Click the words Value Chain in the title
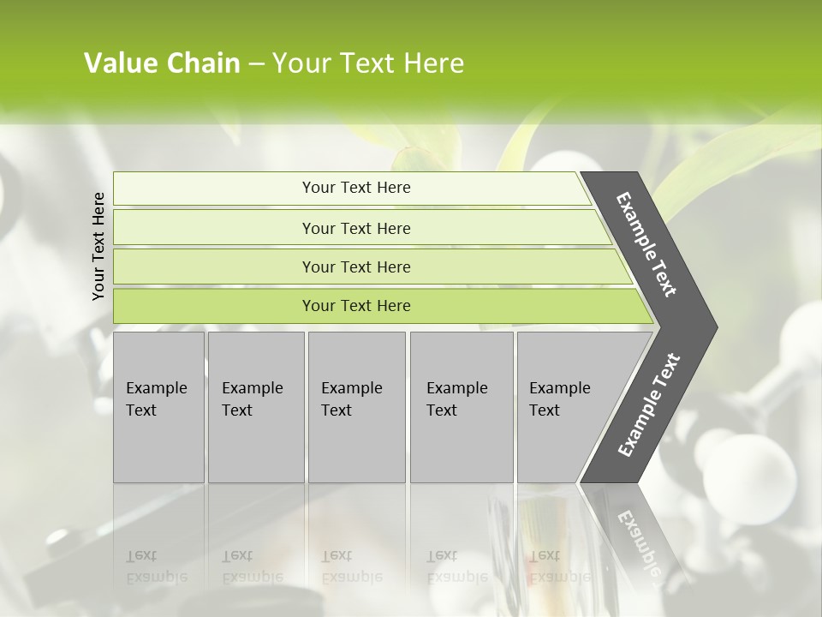click(162, 63)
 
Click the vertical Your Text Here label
click(98, 246)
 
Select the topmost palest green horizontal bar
click(214, 189)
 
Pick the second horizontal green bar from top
click(214, 228)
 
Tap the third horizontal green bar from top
click(214, 267)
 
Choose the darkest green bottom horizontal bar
click(214, 306)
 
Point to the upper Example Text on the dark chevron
click(647, 244)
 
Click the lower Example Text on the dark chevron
click(649, 405)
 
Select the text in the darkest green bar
click(356, 306)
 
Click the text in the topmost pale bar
click(356, 188)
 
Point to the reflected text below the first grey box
click(156, 566)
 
